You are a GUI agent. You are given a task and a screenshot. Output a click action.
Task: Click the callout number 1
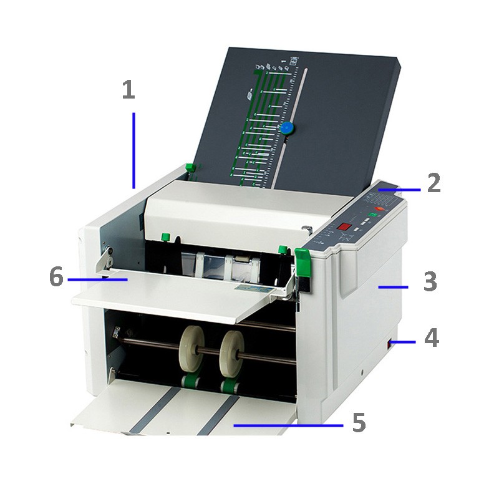pyautogui.click(x=128, y=91)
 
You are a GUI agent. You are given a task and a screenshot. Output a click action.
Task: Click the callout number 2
pyautogui.click(x=434, y=183)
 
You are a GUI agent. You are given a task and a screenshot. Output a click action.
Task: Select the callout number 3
pyautogui.click(x=431, y=281)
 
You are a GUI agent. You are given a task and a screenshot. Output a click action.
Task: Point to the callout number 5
pyautogui.click(x=358, y=423)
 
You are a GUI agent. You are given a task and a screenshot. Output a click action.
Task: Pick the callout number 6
pyautogui.click(x=56, y=277)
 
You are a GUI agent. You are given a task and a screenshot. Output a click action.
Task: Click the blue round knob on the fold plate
pyautogui.click(x=287, y=128)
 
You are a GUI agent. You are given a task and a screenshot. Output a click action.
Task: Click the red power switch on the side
pyautogui.click(x=391, y=342)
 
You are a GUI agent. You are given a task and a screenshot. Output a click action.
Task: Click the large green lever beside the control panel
pyautogui.click(x=303, y=262)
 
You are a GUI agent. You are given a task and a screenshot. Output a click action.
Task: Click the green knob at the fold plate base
pyautogui.click(x=190, y=168)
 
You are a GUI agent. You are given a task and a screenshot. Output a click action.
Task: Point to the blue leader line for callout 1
pyautogui.click(x=133, y=150)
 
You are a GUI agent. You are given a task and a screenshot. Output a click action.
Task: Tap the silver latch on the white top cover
pyautogui.click(x=306, y=229)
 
